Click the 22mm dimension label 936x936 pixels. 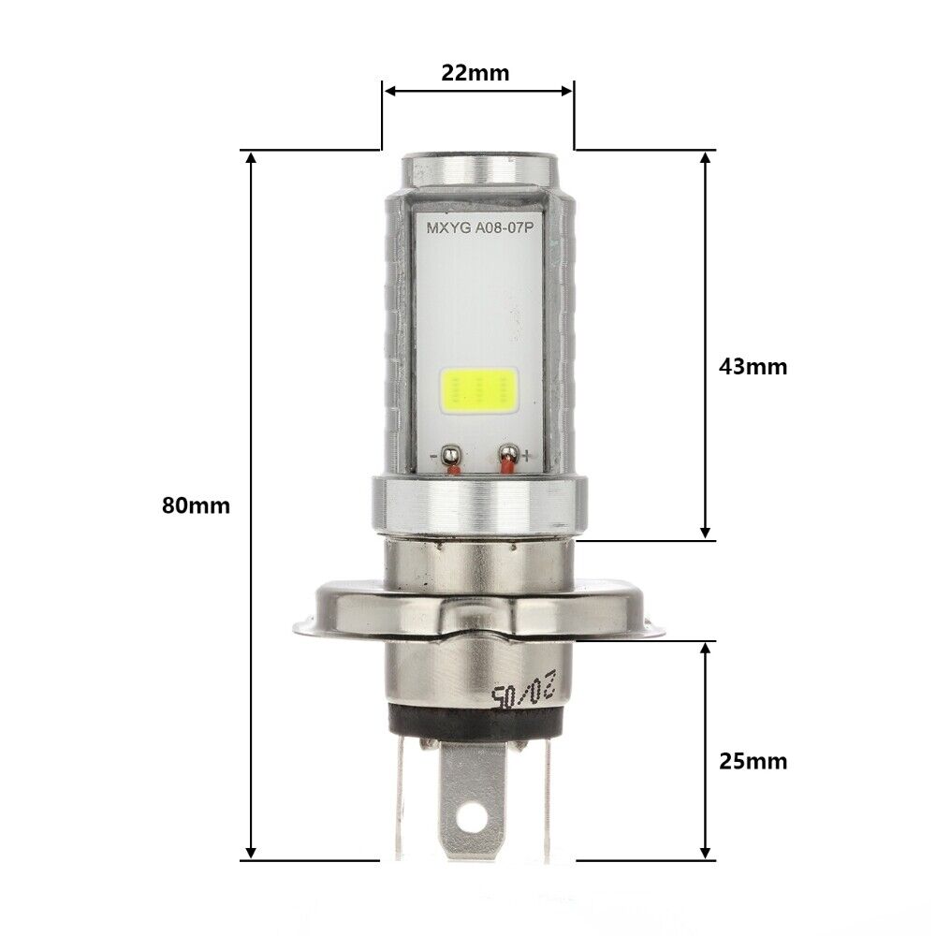coord(477,73)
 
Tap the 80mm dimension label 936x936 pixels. coord(196,505)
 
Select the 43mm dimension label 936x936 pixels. coord(753,366)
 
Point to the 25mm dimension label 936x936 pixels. coord(753,761)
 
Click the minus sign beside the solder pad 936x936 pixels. coord(436,457)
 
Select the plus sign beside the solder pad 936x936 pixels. coord(527,457)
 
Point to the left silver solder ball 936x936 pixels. coord(451,456)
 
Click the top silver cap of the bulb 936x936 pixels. coord(477,168)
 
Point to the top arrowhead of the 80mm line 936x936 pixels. coord(250,158)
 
